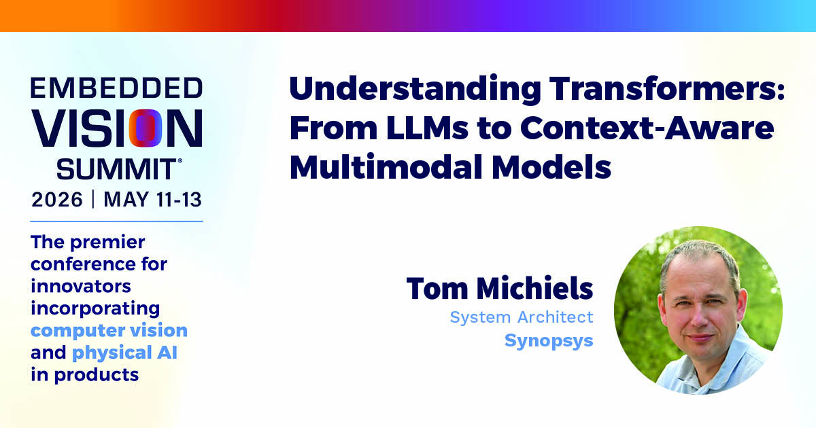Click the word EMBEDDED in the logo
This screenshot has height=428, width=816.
pyautogui.click(x=116, y=88)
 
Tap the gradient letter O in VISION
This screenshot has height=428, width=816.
pyautogui.click(x=146, y=128)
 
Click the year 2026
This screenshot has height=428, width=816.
pyautogui.click(x=57, y=200)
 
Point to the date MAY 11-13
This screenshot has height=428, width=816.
pyautogui.click(x=152, y=200)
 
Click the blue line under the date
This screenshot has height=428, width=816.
pyautogui.click(x=116, y=221)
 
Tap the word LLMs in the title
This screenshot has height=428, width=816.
pyautogui.click(x=427, y=128)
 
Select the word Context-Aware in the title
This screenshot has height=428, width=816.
pyautogui.click(x=647, y=128)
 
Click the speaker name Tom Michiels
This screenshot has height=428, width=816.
pyautogui.click(x=500, y=289)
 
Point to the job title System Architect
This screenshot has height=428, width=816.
pyautogui.click(x=522, y=317)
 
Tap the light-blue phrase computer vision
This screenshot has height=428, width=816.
pyautogui.click(x=109, y=331)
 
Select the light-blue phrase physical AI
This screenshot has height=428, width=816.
pyautogui.click(x=124, y=353)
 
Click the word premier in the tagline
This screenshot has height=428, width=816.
pyautogui.click(x=107, y=243)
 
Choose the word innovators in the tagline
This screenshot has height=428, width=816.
pyautogui.click(x=81, y=286)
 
